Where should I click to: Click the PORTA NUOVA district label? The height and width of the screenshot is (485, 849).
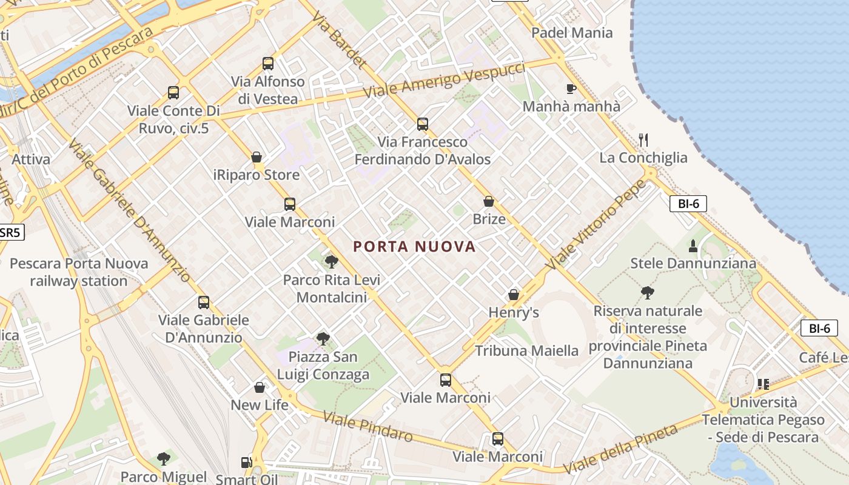coord(414,247)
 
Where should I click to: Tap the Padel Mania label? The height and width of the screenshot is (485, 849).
coord(572,33)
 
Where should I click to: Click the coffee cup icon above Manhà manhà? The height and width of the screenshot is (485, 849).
coord(571,89)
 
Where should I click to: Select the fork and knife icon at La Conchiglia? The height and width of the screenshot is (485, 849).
coord(643,140)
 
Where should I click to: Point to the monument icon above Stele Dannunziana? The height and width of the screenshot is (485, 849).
coord(693,246)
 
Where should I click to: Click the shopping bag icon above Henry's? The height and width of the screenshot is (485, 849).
coord(514,295)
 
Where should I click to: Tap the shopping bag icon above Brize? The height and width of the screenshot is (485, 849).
coord(489,201)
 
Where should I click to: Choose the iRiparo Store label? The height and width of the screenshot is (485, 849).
coord(257,175)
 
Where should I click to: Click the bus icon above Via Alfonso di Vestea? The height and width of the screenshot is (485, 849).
coord(268,63)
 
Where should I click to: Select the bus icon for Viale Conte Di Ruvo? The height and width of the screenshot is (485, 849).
coord(173,93)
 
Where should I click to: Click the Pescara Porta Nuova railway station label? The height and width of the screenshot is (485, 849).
coord(79,272)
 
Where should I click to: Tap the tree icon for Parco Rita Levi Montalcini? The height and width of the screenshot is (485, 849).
coord(331,262)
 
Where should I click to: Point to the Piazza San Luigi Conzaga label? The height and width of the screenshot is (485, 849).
coord(323,366)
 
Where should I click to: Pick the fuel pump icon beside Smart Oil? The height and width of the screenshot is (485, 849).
coord(246,463)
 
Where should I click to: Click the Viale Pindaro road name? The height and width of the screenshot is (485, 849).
coord(367,427)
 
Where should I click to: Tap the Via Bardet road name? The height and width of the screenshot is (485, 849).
coord(340,39)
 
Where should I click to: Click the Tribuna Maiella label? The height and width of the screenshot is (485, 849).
coord(526,350)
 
